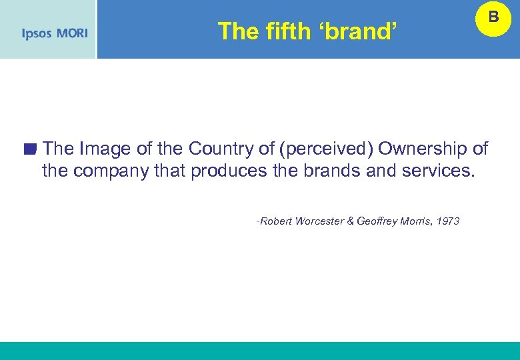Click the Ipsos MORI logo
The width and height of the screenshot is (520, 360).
(54, 33)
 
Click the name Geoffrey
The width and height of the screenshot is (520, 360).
(377, 221)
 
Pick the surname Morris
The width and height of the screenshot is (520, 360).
(415, 221)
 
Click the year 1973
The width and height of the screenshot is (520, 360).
(447, 221)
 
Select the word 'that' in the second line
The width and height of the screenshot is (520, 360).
(169, 171)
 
